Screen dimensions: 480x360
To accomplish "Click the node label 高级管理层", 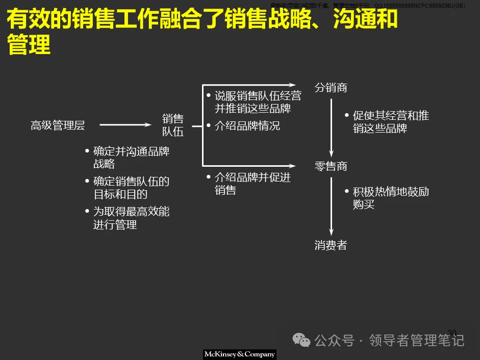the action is [58, 125].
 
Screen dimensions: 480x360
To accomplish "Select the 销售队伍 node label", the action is [172, 125].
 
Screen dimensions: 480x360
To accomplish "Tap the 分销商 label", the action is [331, 88].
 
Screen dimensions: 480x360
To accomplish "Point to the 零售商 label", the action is [331, 166].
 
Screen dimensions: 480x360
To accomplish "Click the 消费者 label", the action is [331, 245].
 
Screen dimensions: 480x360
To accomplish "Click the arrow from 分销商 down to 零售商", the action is [331, 127].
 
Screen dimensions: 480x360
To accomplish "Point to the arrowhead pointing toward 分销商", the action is [292, 85].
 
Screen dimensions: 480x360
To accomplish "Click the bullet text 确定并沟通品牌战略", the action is [131, 158].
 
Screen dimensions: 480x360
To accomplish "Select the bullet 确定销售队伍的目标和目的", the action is [131, 188].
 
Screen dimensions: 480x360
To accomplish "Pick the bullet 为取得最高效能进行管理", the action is [131, 218].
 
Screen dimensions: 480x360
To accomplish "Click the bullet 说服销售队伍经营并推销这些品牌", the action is [257, 102].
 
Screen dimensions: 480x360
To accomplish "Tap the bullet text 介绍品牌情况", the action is [247, 125].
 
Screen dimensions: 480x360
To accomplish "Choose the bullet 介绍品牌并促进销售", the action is [252, 184].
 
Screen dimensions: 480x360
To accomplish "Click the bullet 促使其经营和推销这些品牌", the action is [391, 122].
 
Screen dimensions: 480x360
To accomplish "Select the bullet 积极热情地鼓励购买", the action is [391, 198].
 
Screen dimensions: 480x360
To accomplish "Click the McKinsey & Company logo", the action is [239, 354].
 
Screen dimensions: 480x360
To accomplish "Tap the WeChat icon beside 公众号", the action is [304, 340].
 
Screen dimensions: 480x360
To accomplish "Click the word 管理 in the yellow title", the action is [29, 44].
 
